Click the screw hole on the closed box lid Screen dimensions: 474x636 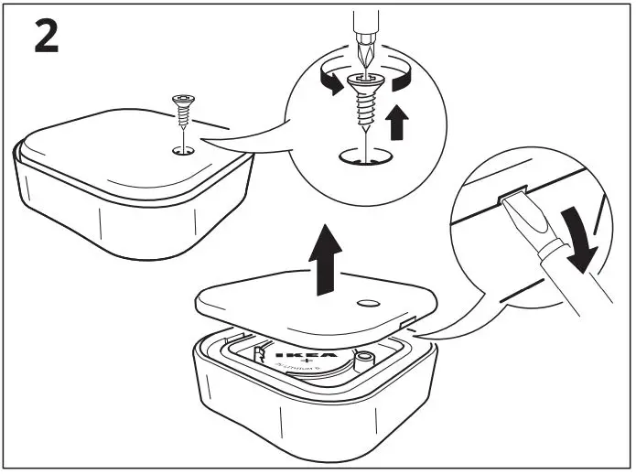[183, 148]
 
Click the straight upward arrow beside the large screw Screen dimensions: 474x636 [397, 123]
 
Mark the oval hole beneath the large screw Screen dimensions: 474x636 [363, 158]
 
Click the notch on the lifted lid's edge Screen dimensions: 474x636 [407, 321]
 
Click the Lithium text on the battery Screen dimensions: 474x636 [305, 372]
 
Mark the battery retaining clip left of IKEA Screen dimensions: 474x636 [262, 351]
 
